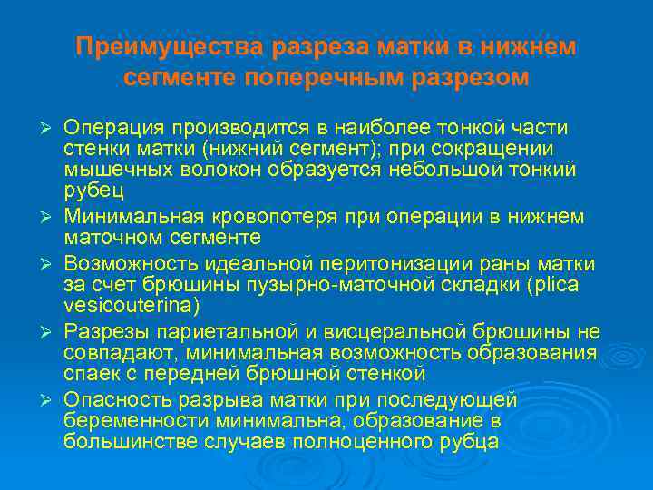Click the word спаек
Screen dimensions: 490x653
coord(91,373)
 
